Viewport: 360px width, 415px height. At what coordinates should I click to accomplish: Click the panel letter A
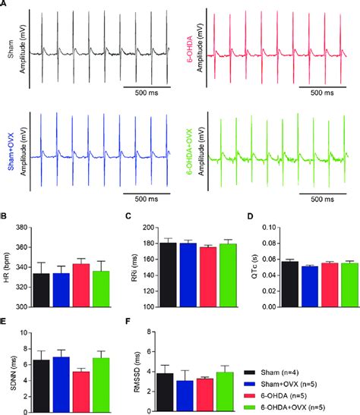[5, 5]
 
